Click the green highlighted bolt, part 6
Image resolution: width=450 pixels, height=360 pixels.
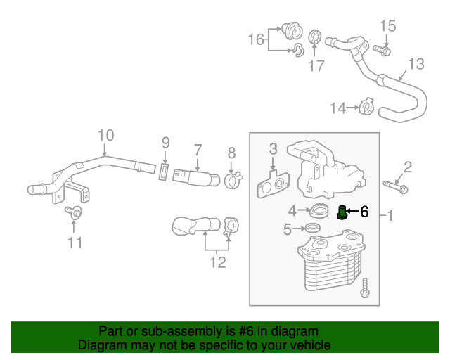(x=342, y=212)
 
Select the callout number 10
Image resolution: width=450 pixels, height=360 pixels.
(x=105, y=135)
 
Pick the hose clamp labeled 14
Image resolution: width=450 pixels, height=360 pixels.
(x=366, y=108)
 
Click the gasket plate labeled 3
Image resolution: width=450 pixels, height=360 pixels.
(x=271, y=184)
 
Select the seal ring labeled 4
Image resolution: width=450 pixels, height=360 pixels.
(x=321, y=210)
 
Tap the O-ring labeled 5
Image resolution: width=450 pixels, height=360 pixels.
(x=311, y=229)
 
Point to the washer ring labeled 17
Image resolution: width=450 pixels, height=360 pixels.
(x=316, y=37)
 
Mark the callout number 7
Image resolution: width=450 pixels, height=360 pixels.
(x=198, y=150)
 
